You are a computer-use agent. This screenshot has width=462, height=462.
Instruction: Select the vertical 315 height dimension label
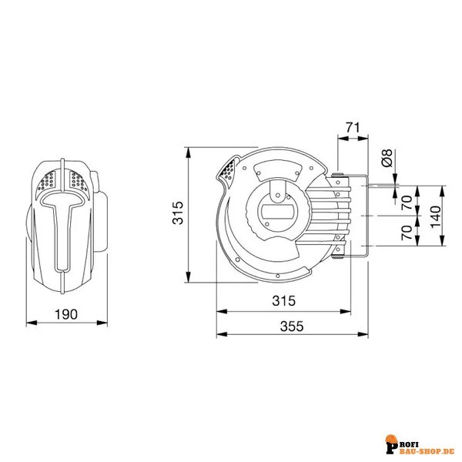(176, 213)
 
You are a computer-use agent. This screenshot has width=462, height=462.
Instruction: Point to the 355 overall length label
(291, 326)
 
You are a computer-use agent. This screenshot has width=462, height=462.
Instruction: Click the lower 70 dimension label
(407, 233)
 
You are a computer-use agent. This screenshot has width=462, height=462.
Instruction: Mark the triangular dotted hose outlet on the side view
(229, 172)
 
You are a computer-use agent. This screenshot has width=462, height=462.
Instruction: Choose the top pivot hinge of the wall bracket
(338, 179)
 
